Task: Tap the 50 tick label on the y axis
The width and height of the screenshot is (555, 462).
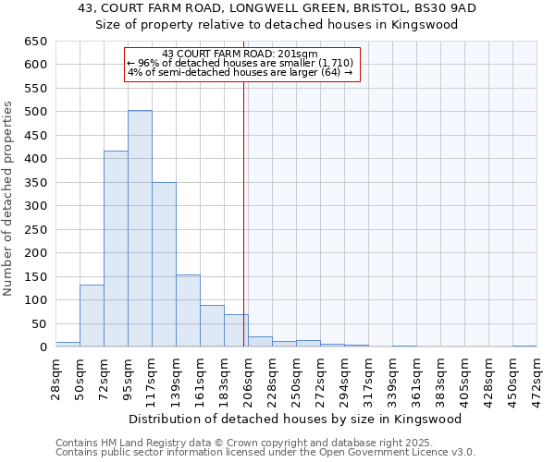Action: point(40,323)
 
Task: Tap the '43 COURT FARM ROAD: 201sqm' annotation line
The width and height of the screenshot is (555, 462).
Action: point(240,54)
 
